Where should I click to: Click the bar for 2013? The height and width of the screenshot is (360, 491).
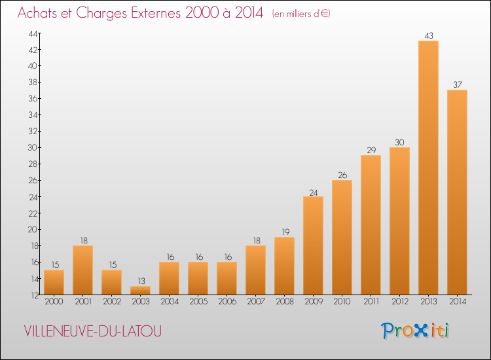[x=428, y=168]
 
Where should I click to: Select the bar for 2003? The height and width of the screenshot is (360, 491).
[x=140, y=290]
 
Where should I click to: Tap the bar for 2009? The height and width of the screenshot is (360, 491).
[x=313, y=245]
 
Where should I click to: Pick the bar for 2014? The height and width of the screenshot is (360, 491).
[x=457, y=192]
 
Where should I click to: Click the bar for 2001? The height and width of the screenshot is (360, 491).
[x=82, y=270]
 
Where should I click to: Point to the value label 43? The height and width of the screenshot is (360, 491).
[x=429, y=36]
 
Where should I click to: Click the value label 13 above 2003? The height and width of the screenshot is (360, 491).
[x=141, y=281]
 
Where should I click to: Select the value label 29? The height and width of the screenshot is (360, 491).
[x=371, y=151]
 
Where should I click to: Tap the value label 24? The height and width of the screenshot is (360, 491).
[x=314, y=193]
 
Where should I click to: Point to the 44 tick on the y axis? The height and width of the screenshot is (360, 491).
[x=33, y=33]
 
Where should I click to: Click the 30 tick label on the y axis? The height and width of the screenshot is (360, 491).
[x=33, y=147]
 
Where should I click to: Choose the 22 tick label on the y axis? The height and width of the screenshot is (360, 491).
[x=33, y=213]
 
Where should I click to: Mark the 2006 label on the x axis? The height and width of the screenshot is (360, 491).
[x=227, y=302]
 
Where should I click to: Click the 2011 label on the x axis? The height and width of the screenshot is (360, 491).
[x=371, y=302]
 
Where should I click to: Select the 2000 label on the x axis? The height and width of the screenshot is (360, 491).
[x=54, y=302]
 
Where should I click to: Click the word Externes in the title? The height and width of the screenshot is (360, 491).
[x=156, y=13]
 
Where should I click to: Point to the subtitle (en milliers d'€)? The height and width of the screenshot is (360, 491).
[x=301, y=14]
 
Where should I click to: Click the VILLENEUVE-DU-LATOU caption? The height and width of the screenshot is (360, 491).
[x=93, y=331]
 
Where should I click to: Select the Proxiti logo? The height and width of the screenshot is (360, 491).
[x=415, y=331]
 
